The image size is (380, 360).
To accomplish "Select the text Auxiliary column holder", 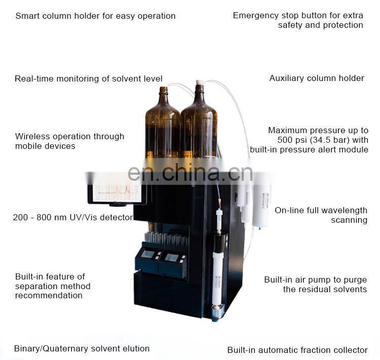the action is click(316, 78).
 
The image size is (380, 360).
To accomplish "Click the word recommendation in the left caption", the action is click(49, 296).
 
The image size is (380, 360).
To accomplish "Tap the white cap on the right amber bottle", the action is click(200, 82).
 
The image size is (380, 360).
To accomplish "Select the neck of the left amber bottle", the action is click(163, 94).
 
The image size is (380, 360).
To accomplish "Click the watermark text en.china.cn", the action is click(189, 173).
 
